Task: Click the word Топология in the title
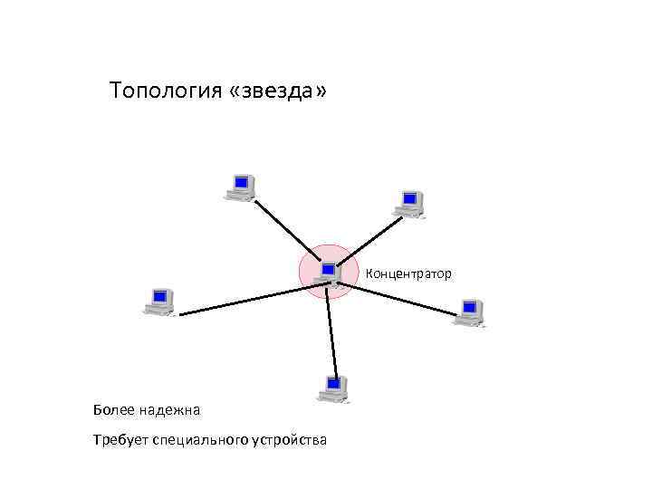[167, 92]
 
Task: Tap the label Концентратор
[408, 273]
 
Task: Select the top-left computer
[240, 187]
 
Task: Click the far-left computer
[159, 302]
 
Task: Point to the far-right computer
[468, 312]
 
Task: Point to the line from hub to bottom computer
[334, 331]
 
